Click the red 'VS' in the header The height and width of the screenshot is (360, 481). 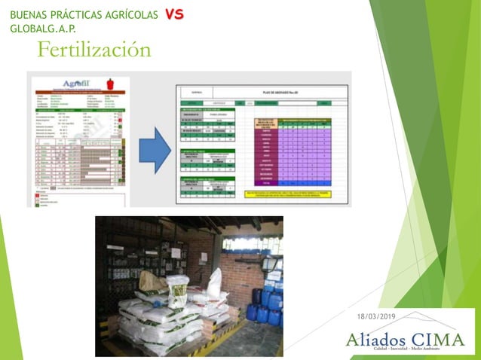[173, 14]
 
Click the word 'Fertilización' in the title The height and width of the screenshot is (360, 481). [94, 50]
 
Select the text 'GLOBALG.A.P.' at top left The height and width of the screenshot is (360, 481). [43, 29]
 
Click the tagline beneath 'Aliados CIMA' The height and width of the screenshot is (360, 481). [405, 350]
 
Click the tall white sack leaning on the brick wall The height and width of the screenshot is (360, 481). [215, 284]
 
